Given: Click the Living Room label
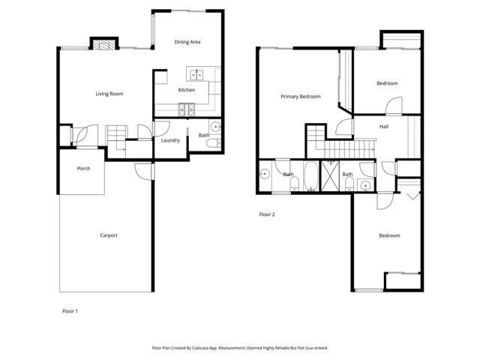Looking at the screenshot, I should pos(109,94).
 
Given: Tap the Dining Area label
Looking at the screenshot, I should pos(187,42).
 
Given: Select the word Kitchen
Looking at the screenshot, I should pos(187,90).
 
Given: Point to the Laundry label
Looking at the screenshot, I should pos(169,140).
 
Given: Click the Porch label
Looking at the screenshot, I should pos(84,169).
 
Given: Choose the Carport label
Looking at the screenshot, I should pos(109,235).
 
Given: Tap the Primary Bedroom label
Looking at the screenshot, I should pos(301,97).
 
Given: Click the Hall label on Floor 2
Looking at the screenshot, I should pos(384,127).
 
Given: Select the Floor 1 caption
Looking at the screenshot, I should pos(70,310).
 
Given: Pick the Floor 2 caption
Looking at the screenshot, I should pos(268,214).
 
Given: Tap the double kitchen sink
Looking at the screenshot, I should pos(196,74).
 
